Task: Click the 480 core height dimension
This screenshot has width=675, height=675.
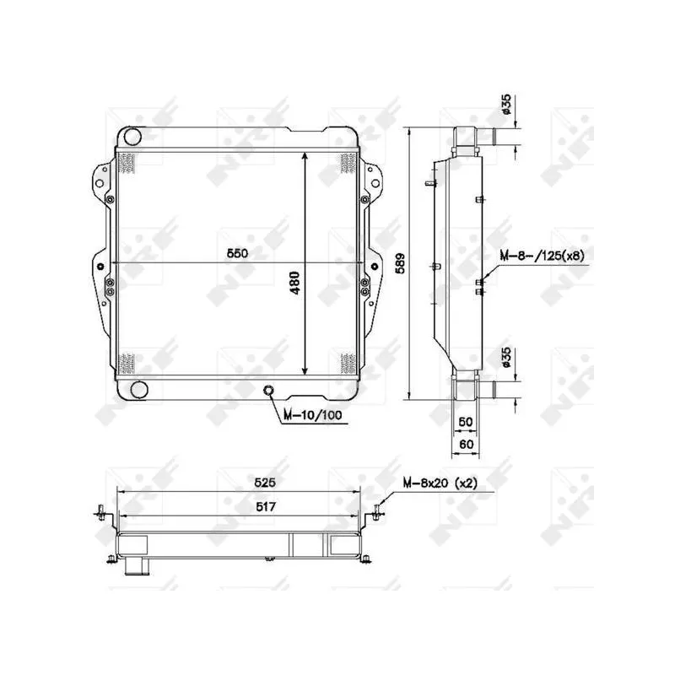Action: [294, 283]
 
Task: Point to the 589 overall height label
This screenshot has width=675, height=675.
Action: [400, 263]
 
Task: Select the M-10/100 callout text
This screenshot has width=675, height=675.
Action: [312, 415]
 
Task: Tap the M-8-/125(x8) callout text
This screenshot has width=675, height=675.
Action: [542, 256]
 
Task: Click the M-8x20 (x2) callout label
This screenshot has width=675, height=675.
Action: [440, 483]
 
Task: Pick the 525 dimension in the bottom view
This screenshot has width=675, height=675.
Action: [264, 483]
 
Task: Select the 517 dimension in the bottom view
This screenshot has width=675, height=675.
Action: [265, 507]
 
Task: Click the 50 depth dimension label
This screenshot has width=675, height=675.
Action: [466, 421]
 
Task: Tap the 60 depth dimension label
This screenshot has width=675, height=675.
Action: [467, 444]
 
